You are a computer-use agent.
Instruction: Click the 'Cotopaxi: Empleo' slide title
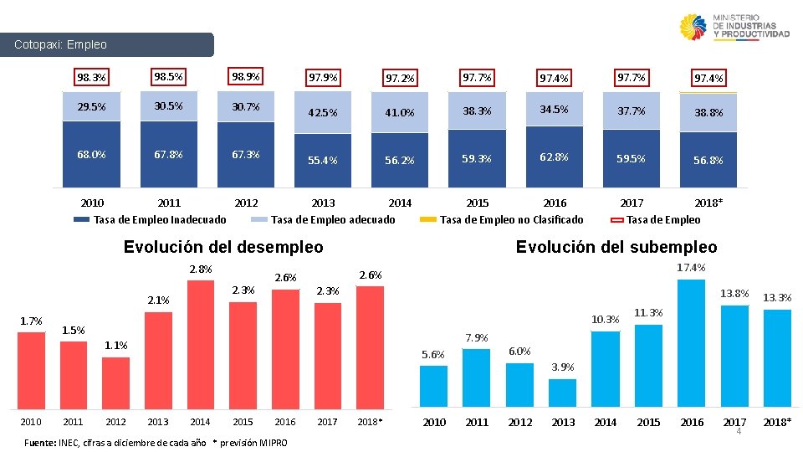click(x=61, y=44)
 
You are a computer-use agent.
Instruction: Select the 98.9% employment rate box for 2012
click(x=246, y=77)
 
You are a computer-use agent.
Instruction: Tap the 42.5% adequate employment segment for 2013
click(x=323, y=113)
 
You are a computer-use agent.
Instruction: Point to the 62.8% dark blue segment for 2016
click(x=554, y=156)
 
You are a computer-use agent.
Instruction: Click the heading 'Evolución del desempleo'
click(x=222, y=247)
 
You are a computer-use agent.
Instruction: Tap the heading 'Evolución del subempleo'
click(x=616, y=247)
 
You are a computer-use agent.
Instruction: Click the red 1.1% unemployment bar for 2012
click(x=115, y=381)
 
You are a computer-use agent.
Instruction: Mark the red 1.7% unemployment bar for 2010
click(x=32, y=368)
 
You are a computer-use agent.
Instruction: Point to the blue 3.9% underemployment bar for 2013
click(x=563, y=392)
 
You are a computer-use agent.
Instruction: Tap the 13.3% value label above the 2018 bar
click(x=777, y=297)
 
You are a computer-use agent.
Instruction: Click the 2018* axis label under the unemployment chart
click(x=369, y=422)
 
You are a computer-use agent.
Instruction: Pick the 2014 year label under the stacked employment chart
click(x=400, y=203)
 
